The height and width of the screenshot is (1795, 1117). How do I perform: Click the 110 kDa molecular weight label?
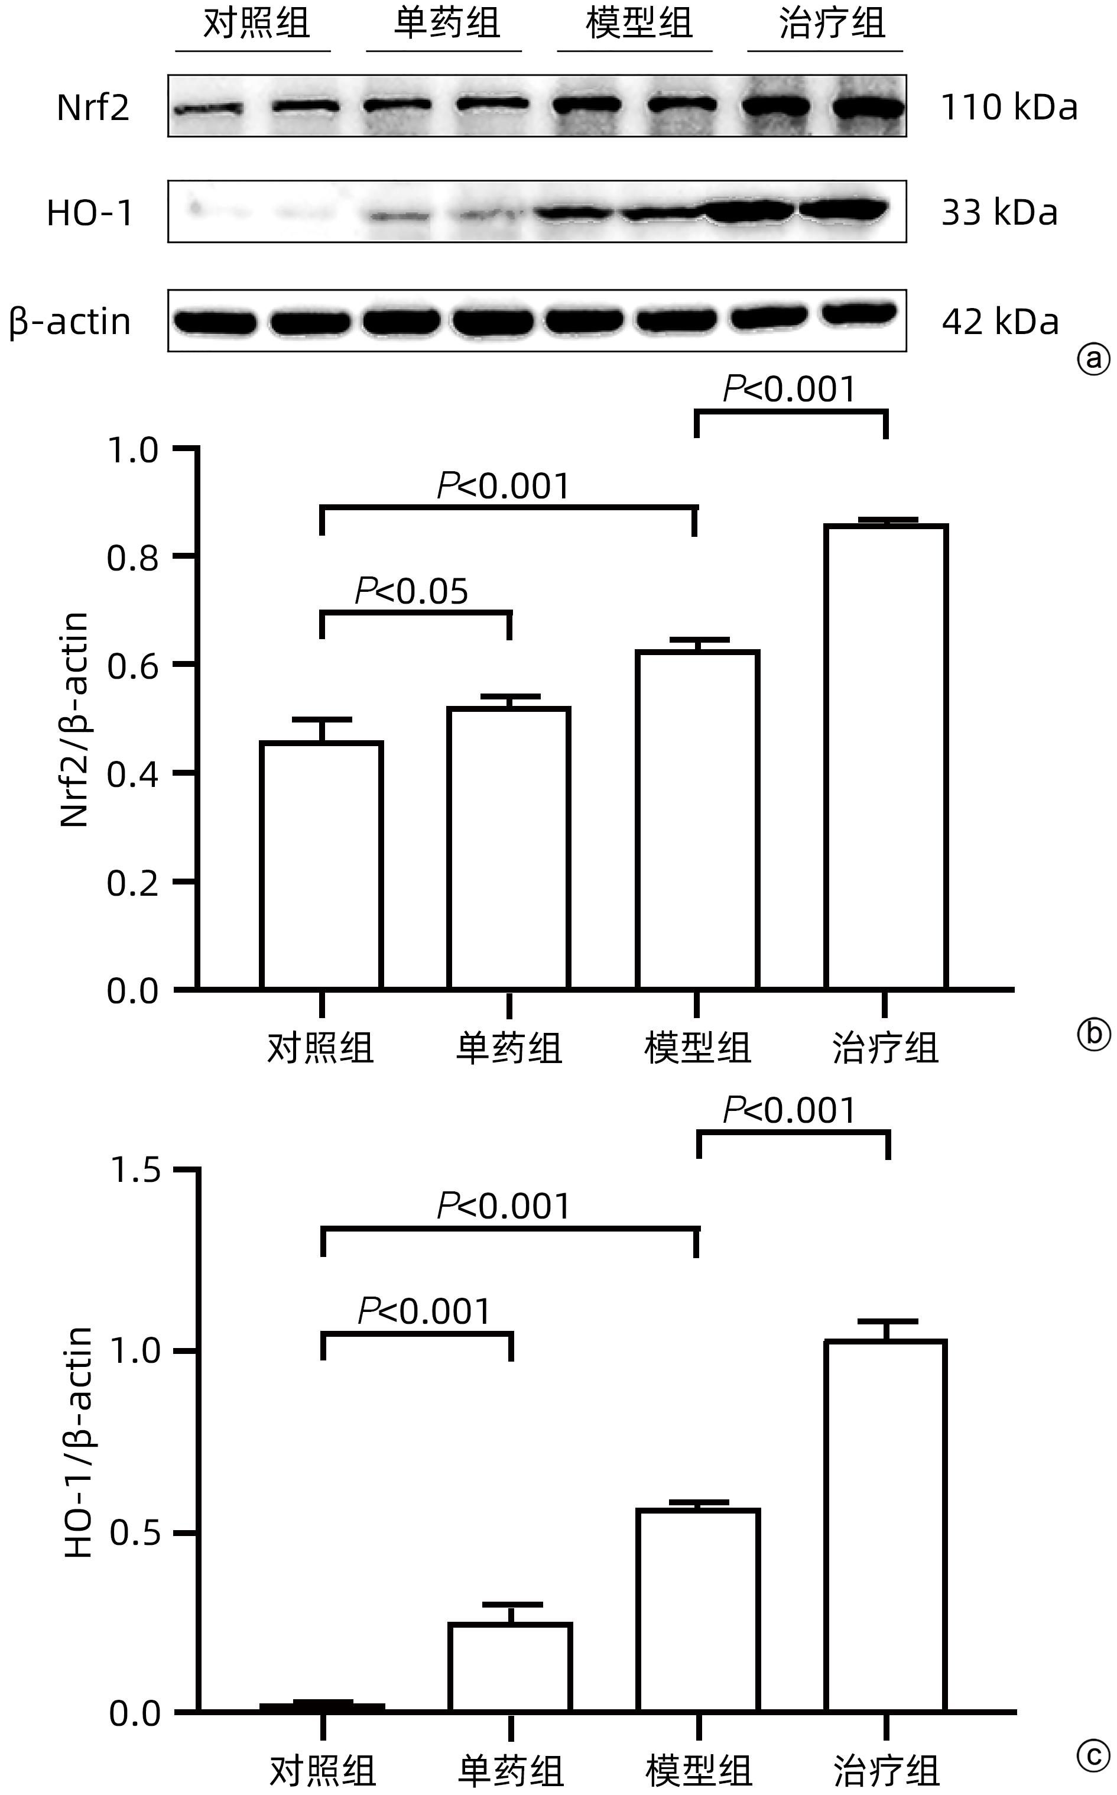click(1009, 108)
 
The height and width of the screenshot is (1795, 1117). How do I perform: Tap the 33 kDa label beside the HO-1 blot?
click(999, 213)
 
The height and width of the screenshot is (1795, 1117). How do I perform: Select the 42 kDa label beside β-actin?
click(999, 322)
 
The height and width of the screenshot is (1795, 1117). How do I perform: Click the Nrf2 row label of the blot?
click(93, 108)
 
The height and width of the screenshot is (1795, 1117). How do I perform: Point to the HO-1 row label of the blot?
click(90, 213)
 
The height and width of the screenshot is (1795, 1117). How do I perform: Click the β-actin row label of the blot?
click(70, 322)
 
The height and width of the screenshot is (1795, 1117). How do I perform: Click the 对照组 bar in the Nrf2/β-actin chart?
click(322, 864)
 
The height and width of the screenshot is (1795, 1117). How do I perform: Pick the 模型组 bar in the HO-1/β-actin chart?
click(697, 1611)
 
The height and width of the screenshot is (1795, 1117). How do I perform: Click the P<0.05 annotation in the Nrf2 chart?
click(411, 591)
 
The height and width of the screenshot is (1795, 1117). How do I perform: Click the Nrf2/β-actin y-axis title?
click(74, 719)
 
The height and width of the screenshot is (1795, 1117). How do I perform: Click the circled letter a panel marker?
click(1093, 360)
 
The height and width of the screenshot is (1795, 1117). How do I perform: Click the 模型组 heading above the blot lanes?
click(638, 23)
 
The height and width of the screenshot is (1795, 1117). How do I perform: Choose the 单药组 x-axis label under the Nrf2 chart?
click(509, 1048)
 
